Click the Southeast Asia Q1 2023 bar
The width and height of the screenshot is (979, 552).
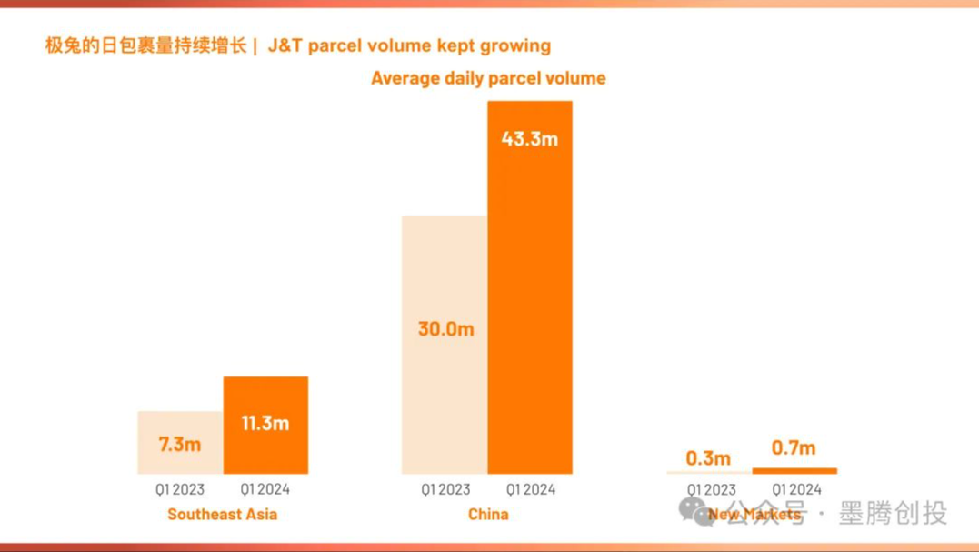[180, 442]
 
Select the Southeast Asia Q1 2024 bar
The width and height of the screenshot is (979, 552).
[265, 425]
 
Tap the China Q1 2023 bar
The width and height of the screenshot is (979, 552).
[445, 345]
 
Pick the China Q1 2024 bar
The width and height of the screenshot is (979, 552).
[530, 287]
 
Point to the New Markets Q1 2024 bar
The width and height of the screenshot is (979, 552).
[794, 471]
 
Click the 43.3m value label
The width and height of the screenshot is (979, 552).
[530, 139]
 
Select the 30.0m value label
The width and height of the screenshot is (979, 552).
[445, 328]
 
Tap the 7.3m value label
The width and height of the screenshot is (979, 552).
[180, 444]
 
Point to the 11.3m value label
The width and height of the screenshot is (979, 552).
[265, 423]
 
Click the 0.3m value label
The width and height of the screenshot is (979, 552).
[708, 458]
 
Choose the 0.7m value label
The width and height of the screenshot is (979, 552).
[794, 447]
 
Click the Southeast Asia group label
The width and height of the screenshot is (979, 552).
[222, 515]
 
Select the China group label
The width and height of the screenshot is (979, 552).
[488, 515]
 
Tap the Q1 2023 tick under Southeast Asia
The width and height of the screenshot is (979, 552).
[180, 489]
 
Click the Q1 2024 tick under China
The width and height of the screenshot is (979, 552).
[531, 489]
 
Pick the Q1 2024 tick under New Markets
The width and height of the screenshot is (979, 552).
[796, 489]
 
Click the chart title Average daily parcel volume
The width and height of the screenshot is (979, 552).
[488, 78]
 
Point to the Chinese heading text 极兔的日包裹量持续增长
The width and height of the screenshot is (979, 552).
[145, 45]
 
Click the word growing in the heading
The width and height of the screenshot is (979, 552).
[516, 45]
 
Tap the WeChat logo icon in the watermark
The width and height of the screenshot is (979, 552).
[693, 511]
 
